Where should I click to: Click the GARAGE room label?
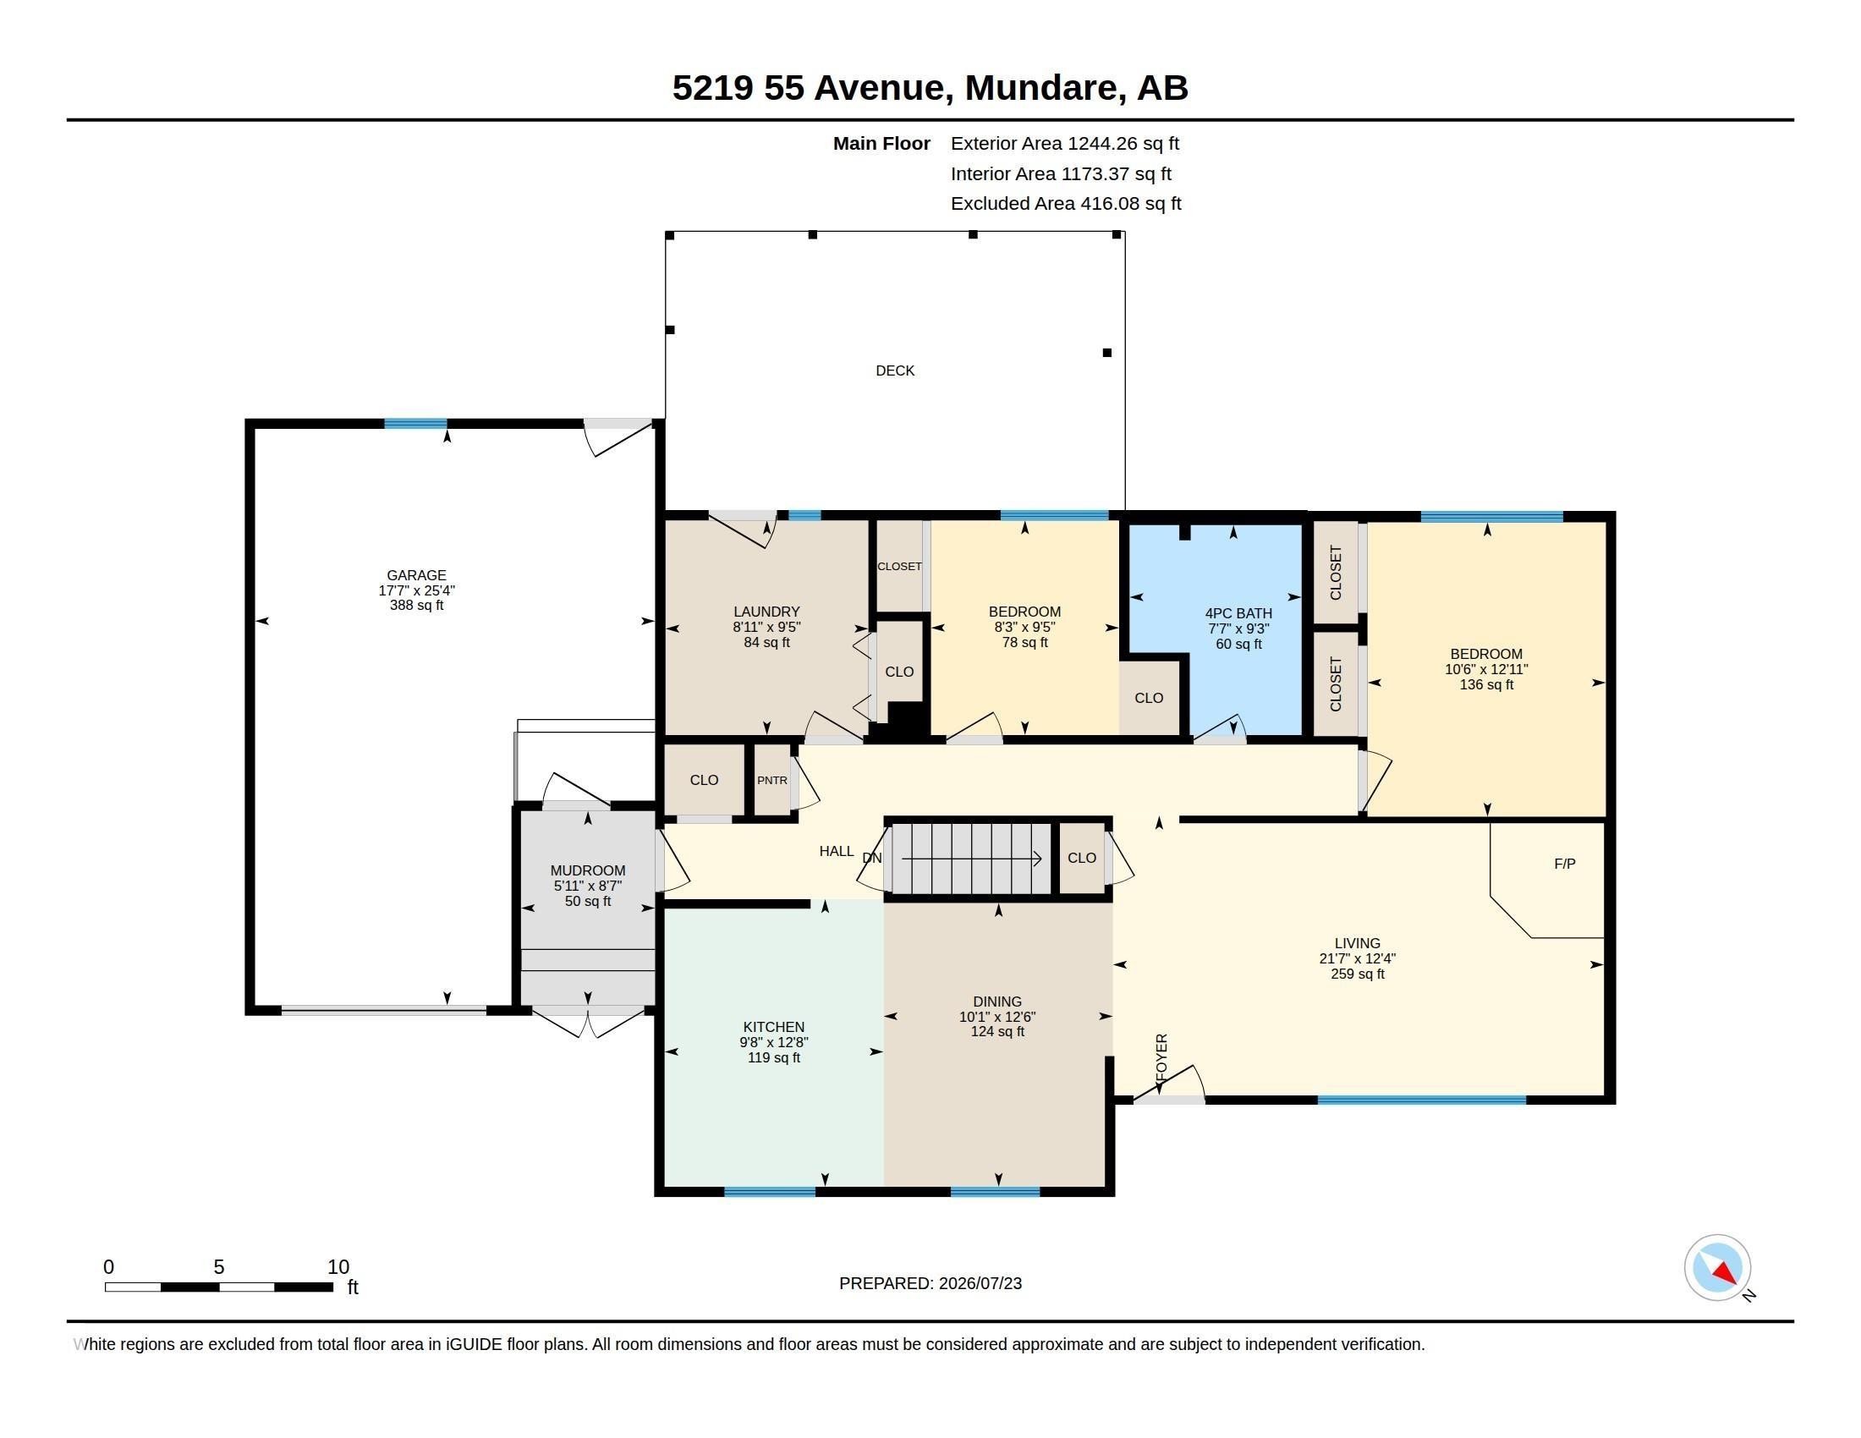tap(416, 575)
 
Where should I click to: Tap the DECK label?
tap(895, 370)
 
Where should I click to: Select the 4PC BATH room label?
tap(1238, 613)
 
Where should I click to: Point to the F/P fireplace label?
tap(1564, 864)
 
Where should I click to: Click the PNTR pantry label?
tap(772, 781)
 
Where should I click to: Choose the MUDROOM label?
tap(588, 870)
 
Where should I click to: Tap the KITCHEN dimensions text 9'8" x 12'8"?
tap(774, 1042)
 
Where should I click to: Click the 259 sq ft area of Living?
tap(1358, 974)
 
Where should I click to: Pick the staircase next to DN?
tap(970, 858)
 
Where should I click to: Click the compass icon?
tap(1717, 1268)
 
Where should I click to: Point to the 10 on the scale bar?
tap(338, 1267)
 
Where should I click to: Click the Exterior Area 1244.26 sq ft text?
tap(1064, 144)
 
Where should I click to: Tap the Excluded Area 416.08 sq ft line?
tap(1066, 204)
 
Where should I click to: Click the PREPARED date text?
tap(930, 1283)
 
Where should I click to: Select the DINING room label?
tap(997, 1002)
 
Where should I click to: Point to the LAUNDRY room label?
tap(767, 612)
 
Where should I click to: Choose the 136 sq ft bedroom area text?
tap(1486, 685)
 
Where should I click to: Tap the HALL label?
tap(836, 851)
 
